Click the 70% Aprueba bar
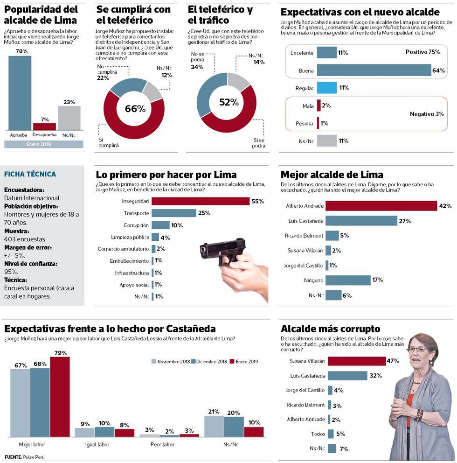[20, 93]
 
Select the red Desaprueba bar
[44, 126]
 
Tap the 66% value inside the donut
[135, 109]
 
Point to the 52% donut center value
[226, 102]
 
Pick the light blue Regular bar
[326, 88]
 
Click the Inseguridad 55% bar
[201, 201]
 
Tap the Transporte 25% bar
[173, 213]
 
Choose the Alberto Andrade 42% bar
[381, 206]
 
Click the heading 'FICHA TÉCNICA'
[30, 174]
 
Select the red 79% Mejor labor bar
[60, 397]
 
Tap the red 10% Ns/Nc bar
[254, 432]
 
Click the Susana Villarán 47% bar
[357, 361]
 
